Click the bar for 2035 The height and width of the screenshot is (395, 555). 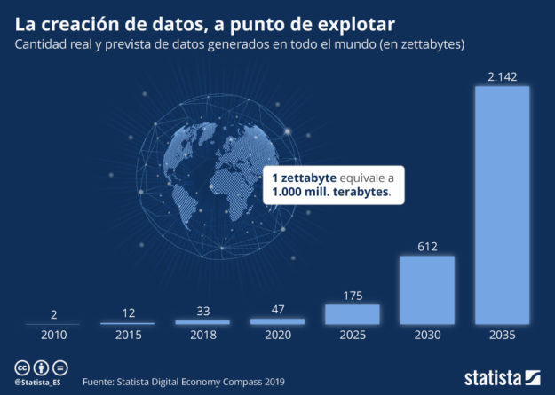coord(503,205)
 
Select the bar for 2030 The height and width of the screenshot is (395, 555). coord(427,290)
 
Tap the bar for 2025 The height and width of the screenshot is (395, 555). coord(353,314)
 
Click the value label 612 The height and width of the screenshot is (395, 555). coord(427,247)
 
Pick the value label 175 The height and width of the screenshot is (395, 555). coord(353,295)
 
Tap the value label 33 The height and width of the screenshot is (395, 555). coord(202,312)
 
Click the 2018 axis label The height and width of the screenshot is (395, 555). coord(202,336)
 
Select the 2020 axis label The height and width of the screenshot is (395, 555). coord(277,336)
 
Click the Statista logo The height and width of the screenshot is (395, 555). coord(502,377)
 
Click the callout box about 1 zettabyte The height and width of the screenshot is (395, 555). coord(334,184)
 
